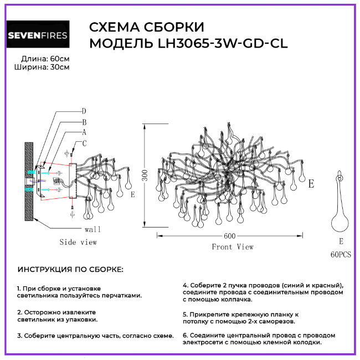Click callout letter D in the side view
84,111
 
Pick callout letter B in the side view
84,122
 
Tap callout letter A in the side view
84,132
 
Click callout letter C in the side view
84,143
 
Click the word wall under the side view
92,229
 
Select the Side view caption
78,242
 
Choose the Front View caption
233,247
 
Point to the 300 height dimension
145,176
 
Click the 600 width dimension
230,236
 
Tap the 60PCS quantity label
341,254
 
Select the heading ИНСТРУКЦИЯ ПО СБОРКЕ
71,270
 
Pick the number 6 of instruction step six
184,335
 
